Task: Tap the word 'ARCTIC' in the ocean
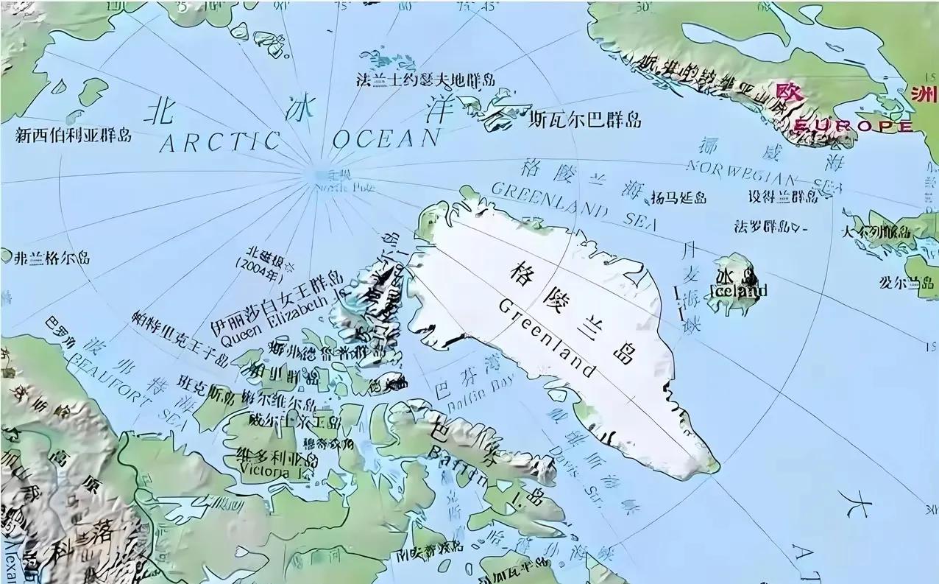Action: pos(220,142)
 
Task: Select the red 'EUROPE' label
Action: pos(853,126)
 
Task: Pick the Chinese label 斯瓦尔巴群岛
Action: pos(585,119)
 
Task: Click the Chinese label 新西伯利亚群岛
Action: pos(73,135)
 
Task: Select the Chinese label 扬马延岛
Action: pos(678,197)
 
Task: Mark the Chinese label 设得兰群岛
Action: pos(782,197)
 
